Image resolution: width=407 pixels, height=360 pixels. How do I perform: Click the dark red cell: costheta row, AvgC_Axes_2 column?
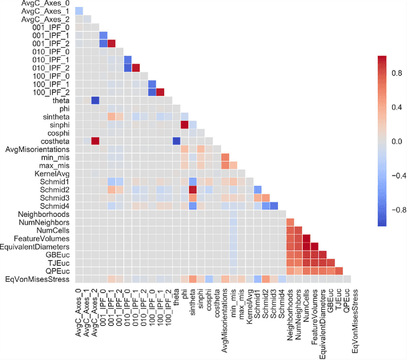tap(95, 141)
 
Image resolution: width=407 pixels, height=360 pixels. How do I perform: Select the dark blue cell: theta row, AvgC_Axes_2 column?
tap(95, 100)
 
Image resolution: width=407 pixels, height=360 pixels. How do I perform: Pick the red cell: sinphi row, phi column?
tap(184, 124)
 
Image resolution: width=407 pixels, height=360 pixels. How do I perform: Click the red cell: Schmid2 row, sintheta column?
tap(193, 190)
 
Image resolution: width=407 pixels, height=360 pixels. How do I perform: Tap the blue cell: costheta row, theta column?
tap(176, 141)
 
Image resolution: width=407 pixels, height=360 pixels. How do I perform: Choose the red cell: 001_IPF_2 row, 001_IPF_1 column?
tap(111, 43)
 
